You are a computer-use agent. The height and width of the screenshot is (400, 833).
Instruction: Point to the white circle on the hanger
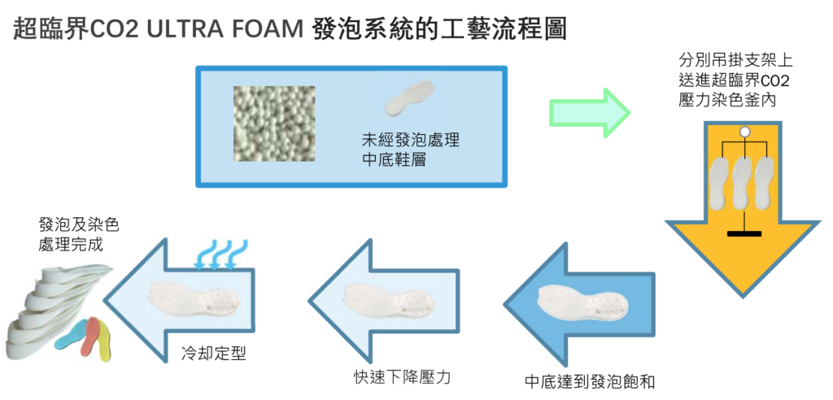(744, 132)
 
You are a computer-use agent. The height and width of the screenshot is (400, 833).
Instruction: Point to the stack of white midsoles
(41, 305)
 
